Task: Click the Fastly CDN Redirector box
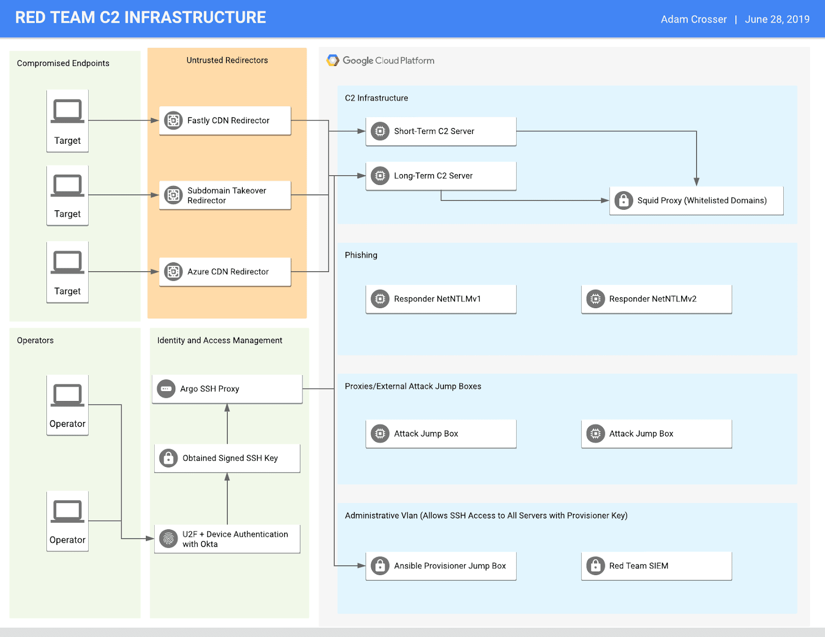(x=225, y=121)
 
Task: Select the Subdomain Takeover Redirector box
(x=225, y=195)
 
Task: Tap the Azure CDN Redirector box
(x=225, y=272)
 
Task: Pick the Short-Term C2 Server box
(x=441, y=131)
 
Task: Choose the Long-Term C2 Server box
(x=441, y=176)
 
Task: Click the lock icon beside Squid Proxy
(x=623, y=200)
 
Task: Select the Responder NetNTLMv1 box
(x=441, y=299)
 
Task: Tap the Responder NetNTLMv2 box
(x=656, y=299)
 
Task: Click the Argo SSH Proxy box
(x=227, y=389)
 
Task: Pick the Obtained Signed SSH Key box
(x=227, y=458)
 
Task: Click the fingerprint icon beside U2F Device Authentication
(x=169, y=539)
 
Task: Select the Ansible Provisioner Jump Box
(x=441, y=566)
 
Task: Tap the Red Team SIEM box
(x=656, y=566)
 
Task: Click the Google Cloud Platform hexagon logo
(x=333, y=61)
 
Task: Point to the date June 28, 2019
(x=777, y=20)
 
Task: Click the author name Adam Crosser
(x=694, y=20)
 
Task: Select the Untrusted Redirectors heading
(x=227, y=60)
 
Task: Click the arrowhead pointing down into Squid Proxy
(x=697, y=181)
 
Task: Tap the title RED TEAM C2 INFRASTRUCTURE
(x=140, y=18)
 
